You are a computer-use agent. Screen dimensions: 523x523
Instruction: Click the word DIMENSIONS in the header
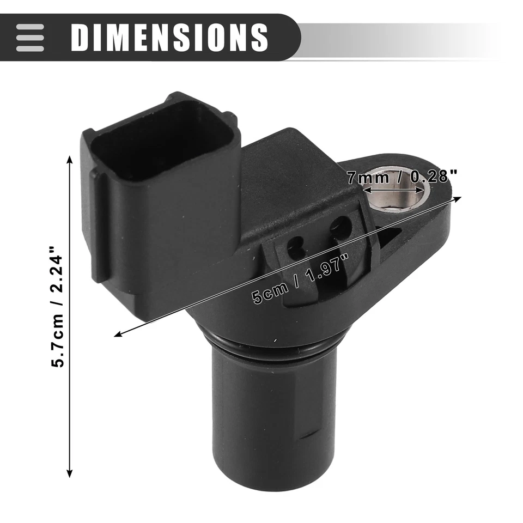click(169, 37)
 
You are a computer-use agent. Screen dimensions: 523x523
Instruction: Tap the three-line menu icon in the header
click(30, 37)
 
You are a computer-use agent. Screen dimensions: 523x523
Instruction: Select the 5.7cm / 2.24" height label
click(59, 308)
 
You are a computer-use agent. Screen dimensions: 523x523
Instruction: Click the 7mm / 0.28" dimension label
click(402, 176)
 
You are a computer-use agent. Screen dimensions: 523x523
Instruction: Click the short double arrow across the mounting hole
click(393, 190)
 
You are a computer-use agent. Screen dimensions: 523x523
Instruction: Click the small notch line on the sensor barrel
click(309, 436)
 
